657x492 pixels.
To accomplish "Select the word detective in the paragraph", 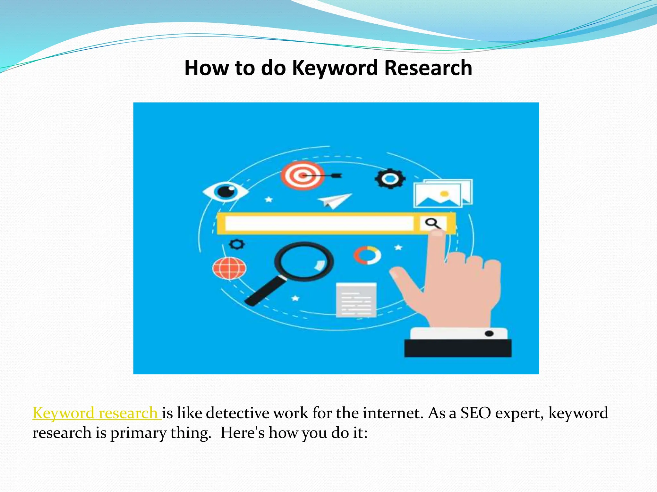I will point(237,413).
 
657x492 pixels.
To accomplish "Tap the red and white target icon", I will point(302,176).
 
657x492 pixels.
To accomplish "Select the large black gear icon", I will point(390,178).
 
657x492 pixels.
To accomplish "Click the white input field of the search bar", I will point(319,223).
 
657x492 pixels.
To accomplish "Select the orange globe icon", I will point(229,268).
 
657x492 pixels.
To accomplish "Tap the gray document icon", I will point(356,300).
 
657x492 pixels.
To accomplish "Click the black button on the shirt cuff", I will point(489,333).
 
